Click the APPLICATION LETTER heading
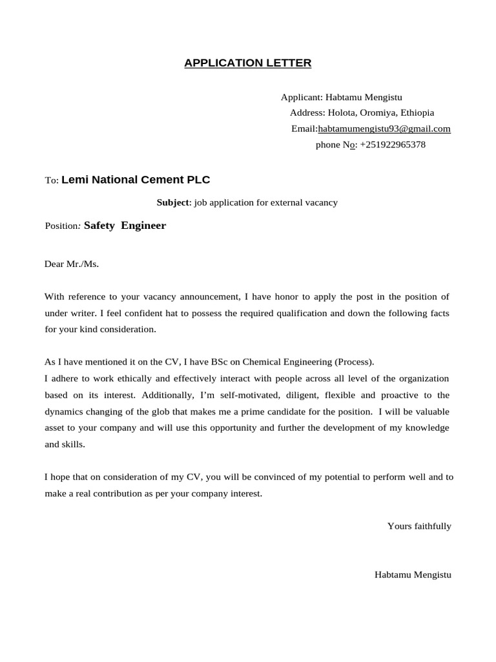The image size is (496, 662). point(248,63)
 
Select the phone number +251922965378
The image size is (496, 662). point(393,145)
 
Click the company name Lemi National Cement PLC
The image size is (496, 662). point(136,180)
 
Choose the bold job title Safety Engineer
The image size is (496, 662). point(125,226)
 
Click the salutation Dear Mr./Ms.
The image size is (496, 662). point(72,264)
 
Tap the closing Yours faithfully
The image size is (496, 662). point(419,526)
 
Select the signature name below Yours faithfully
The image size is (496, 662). point(413,574)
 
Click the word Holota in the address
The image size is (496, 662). point(342,112)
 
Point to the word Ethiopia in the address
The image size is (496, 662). point(417,112)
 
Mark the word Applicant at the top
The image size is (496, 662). point(300,97)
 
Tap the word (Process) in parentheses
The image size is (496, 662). point(354,361)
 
